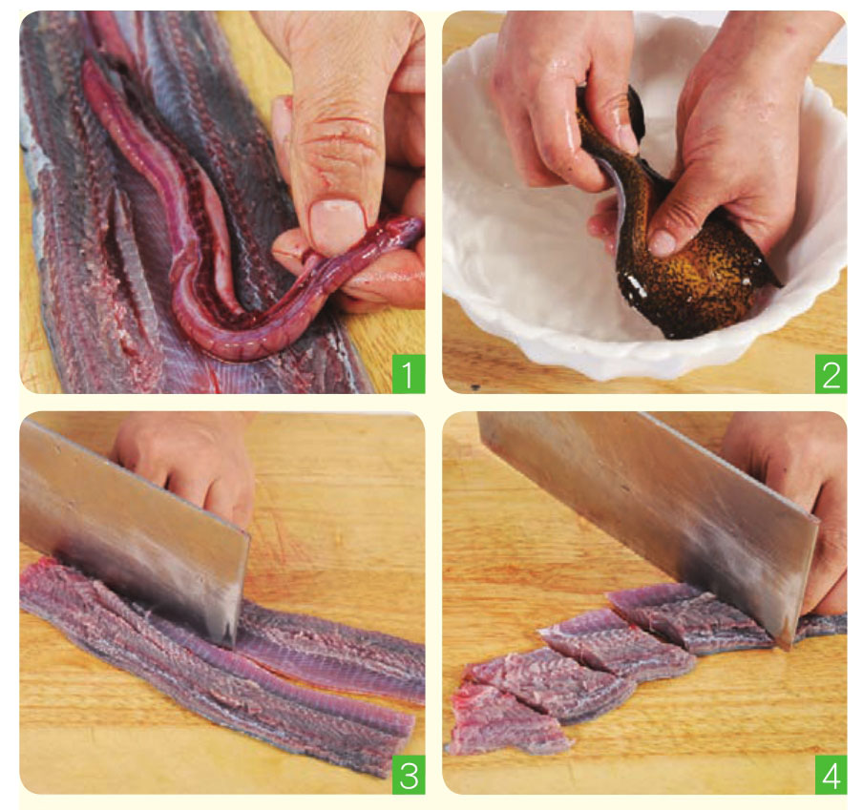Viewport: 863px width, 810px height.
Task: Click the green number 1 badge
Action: coord(408,373)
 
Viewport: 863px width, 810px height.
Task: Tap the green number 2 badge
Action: coord(831,373)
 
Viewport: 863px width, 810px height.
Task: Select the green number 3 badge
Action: coord(408,775)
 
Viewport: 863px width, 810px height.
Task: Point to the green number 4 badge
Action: coord(831,775)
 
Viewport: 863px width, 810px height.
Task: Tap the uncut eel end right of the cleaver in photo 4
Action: coord(820,625)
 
